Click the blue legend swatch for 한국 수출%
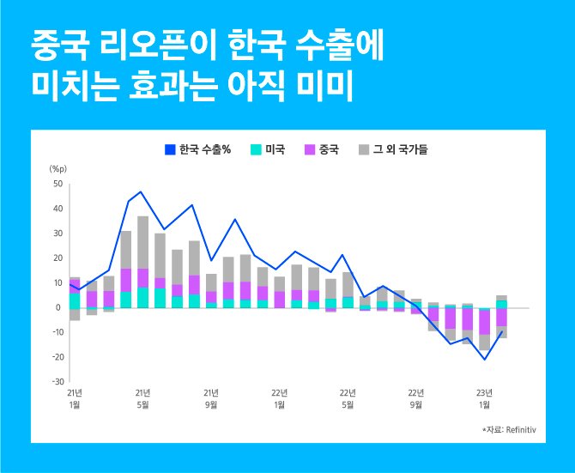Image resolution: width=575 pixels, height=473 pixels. (x=170, y=150)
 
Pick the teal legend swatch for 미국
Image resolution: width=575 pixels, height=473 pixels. (x=256, y=150)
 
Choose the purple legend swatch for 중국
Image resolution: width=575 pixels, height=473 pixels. (x=310, y=150)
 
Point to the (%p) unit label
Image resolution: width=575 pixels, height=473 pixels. (x=57, y=169)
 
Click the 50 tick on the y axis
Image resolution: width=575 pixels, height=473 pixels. (x=58, y=184)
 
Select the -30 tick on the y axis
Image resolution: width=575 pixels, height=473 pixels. (x=57, y=381)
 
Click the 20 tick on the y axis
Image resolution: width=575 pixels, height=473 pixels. (x=58, y=258)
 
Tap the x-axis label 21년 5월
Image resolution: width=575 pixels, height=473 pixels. (x=142, y=397)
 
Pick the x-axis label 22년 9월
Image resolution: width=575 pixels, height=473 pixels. (x=416, y=397)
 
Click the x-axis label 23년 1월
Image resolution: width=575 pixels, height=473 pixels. (x=485, y=397)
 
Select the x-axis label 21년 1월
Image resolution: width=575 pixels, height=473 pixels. (x=75, y=397)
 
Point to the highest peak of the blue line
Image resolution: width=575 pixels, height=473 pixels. (x=142, y=192)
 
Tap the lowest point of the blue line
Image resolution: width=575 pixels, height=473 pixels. (x=485, y=359)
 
